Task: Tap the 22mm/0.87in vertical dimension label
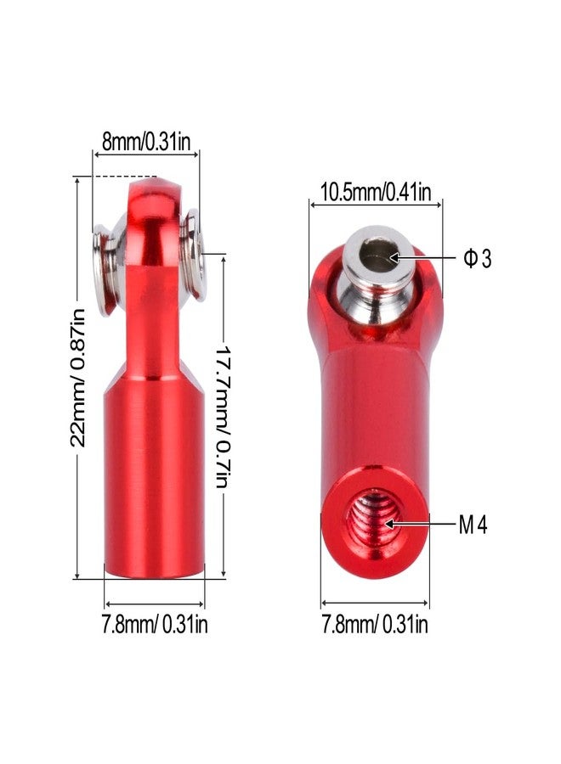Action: click(77, 378)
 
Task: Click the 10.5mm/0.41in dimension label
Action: click(376, 192)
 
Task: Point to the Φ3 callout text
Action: click(477, 258)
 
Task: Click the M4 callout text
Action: click(473, 525)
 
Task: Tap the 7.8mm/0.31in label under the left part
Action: click(155, 624)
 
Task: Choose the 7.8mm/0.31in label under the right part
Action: click(375, 624)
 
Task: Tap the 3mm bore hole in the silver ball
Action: click(379, 254)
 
